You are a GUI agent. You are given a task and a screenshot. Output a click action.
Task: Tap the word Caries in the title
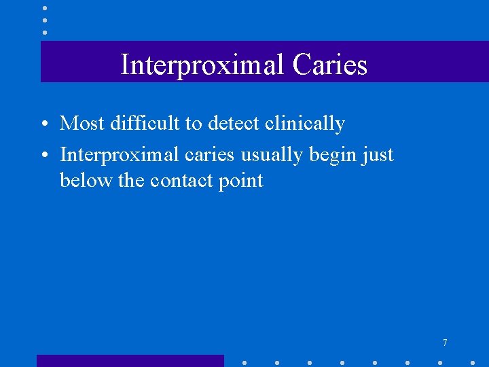(331, 65)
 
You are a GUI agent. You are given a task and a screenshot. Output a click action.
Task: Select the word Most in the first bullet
(81, 124)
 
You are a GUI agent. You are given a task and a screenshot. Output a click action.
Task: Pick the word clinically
(305, 124)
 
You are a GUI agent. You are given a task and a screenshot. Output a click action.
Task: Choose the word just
(377, 156)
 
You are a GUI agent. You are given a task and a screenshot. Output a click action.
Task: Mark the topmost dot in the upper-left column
(45, 8)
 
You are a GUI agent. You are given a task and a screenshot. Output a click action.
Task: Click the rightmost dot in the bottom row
(473, 362)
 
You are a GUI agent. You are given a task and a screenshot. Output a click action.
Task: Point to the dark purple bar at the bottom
(130, 361)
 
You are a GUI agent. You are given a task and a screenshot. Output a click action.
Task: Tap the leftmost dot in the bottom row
(244, 362)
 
